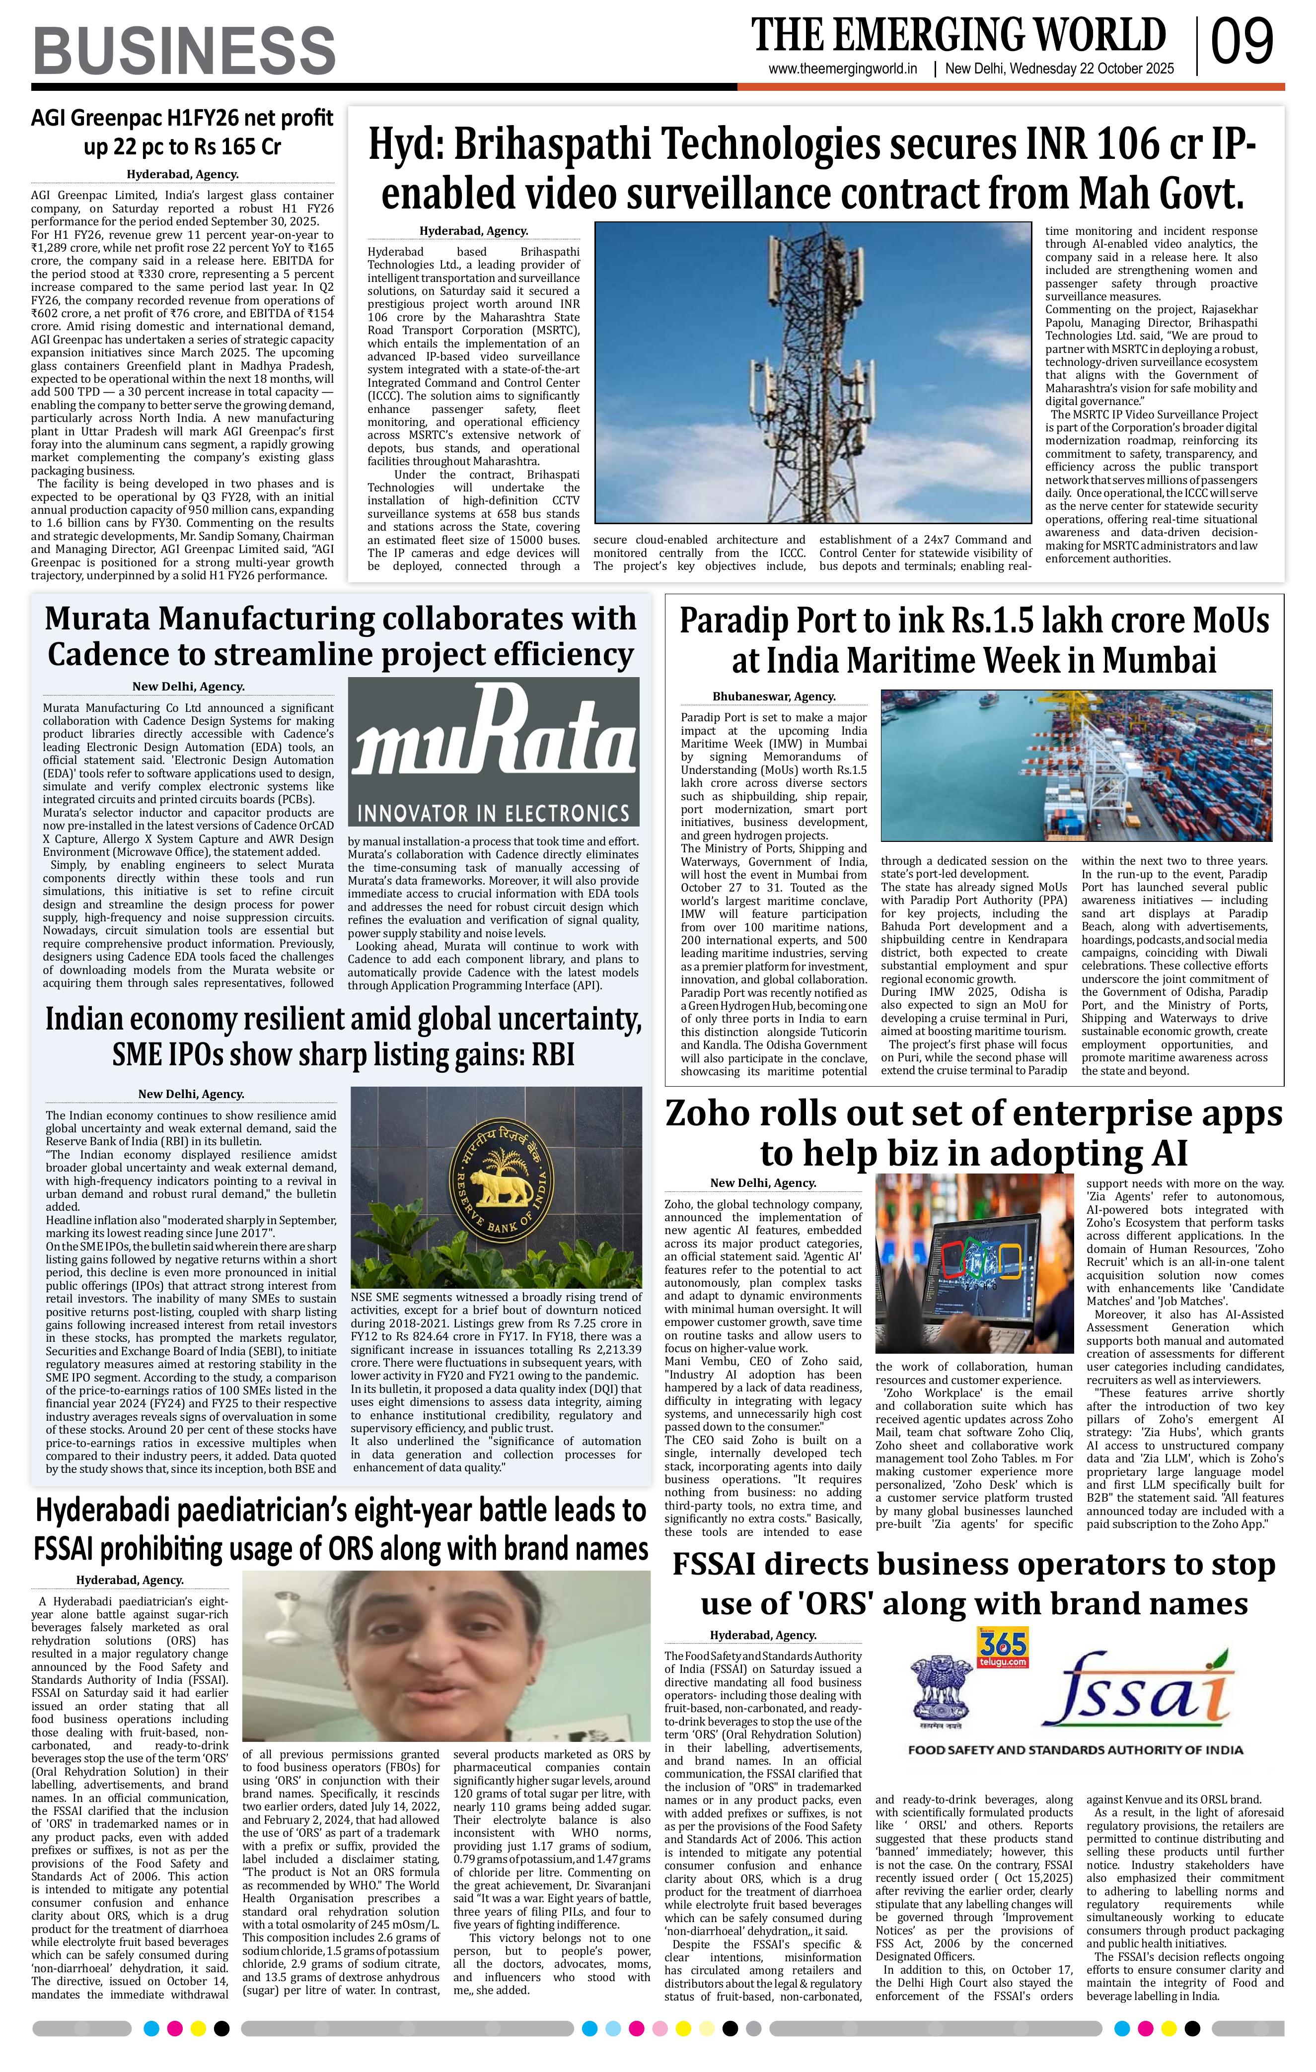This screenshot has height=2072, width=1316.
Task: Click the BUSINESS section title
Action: click(x=184, y=51)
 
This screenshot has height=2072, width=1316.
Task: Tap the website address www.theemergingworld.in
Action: click(x=843, y=69)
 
